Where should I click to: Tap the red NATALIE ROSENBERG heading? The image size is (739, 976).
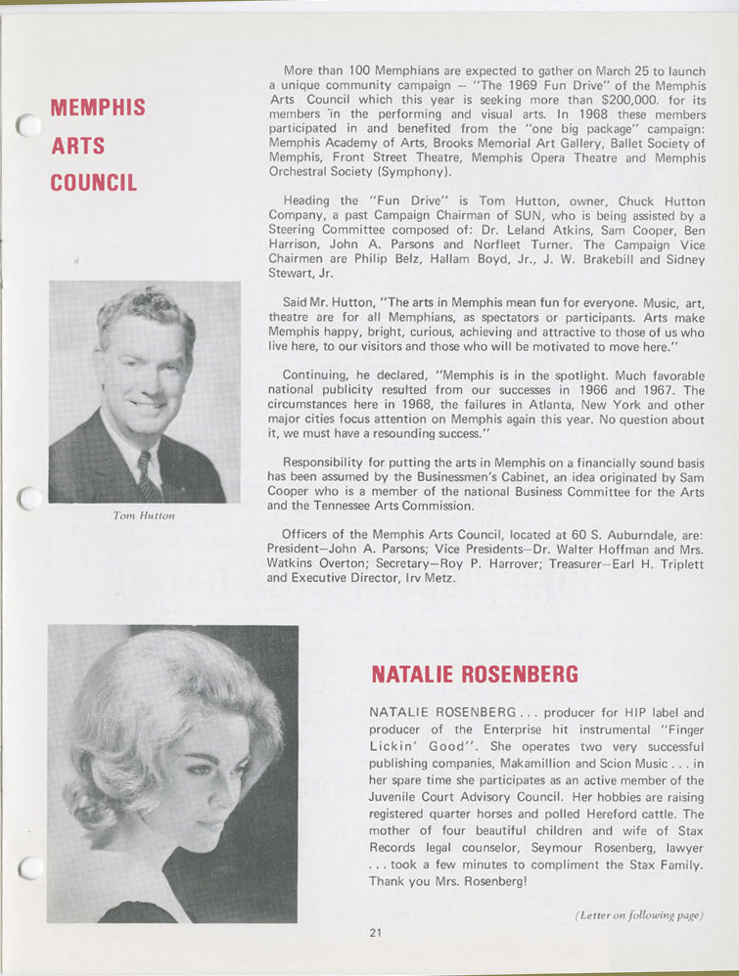point(475,674)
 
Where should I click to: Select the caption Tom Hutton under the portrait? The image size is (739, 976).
point(143,515)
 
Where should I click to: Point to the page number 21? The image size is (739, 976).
point(375,932)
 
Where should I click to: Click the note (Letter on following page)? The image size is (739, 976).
point(640,915)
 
